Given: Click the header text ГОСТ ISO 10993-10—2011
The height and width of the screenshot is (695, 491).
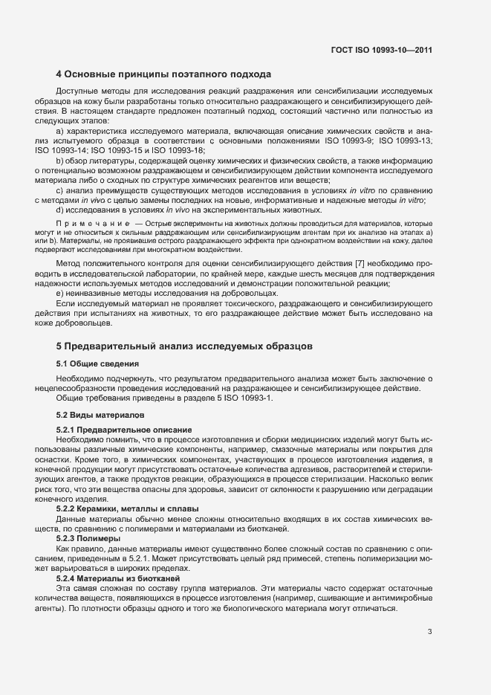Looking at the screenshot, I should [381, 51].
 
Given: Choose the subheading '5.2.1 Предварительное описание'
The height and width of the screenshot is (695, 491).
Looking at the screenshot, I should [114, 430].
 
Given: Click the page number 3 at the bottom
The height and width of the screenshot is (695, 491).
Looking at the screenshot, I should [429, 633].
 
